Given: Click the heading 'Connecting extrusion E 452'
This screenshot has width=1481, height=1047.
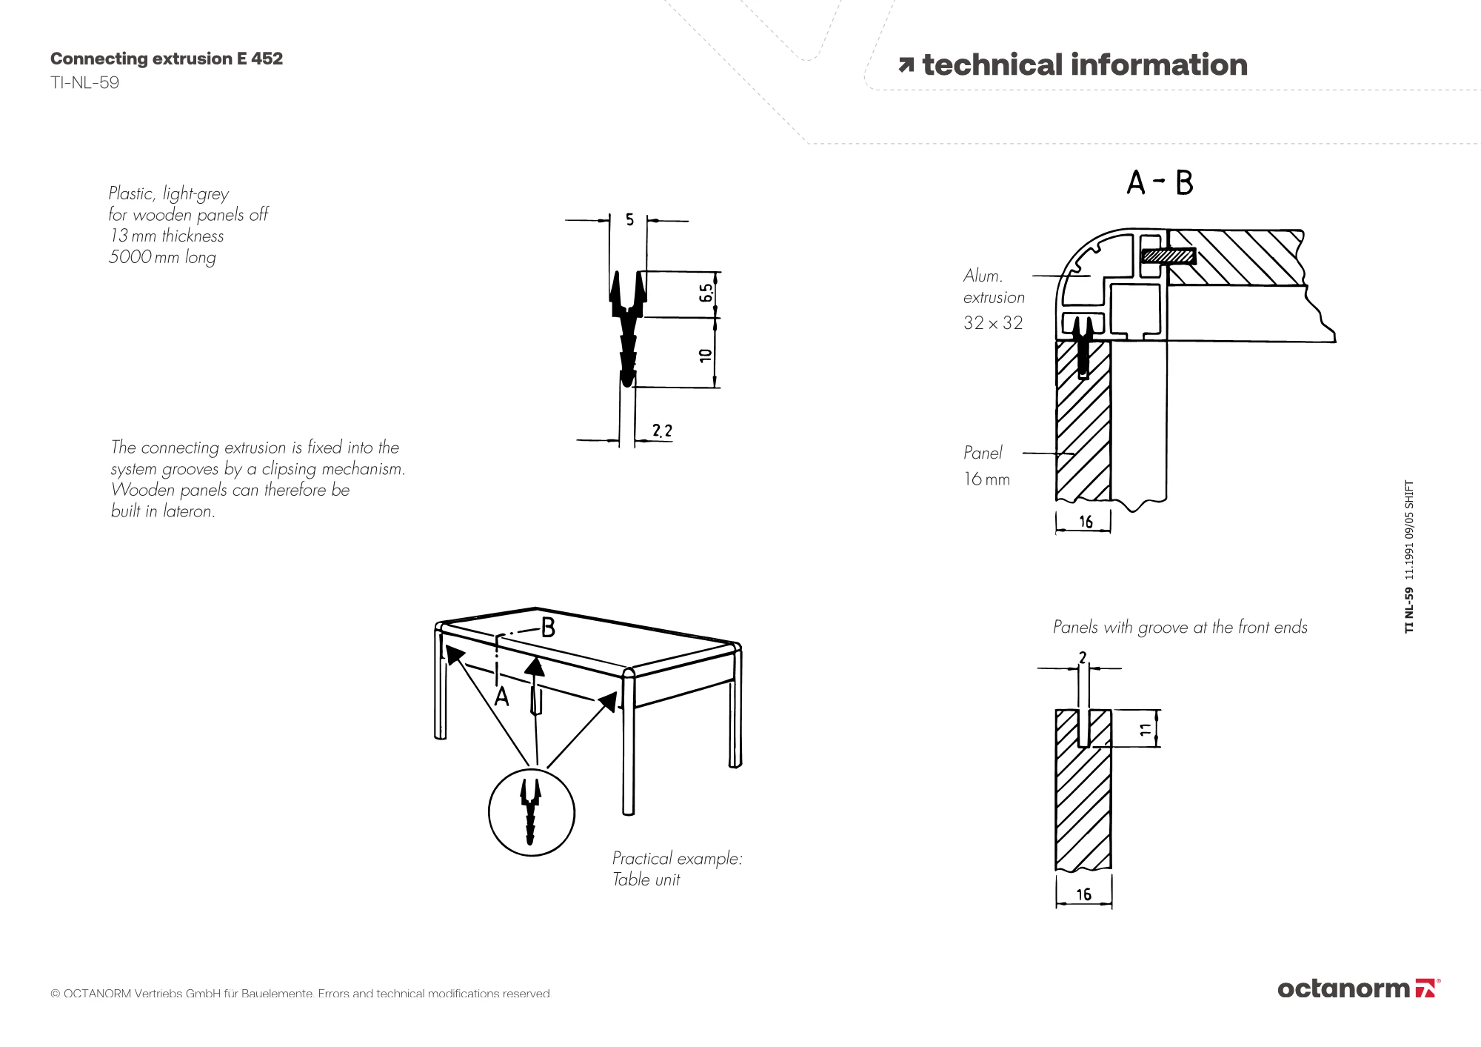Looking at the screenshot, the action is tap(167, 59).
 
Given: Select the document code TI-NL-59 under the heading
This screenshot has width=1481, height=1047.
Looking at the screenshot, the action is tap(84, 82).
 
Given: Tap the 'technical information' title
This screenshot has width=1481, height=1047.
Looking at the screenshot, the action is tap(1085, 65).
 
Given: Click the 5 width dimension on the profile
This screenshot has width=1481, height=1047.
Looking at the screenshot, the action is tap(629, 219).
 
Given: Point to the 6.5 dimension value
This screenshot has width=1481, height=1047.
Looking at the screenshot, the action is tap(706, 293).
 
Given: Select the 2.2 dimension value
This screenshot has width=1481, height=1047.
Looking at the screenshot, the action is tap(662, 431).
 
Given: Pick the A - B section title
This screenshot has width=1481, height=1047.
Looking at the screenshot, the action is tap(1160, 182).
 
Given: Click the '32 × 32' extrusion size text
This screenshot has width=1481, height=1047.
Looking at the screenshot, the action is tap(993, 323).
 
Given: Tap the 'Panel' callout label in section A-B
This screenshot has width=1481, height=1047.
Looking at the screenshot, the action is tap(983, 453).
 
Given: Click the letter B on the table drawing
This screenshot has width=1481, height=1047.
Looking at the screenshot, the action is tap(548, 628).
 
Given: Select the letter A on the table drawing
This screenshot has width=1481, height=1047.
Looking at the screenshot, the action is tap(502, 697).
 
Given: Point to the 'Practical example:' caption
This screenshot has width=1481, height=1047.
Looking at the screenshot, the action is tap(677, 858).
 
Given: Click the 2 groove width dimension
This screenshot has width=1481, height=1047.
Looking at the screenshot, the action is tap(1083, 657).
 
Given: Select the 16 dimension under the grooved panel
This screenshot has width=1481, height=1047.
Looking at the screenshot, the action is tap(1083, 894).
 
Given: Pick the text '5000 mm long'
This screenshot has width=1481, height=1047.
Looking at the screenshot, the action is tap(162, 257).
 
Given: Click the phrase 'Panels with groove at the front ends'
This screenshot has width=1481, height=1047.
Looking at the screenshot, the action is tap(1180, 628).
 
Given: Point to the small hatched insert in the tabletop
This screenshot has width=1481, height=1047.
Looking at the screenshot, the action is tap(1169, 257).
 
